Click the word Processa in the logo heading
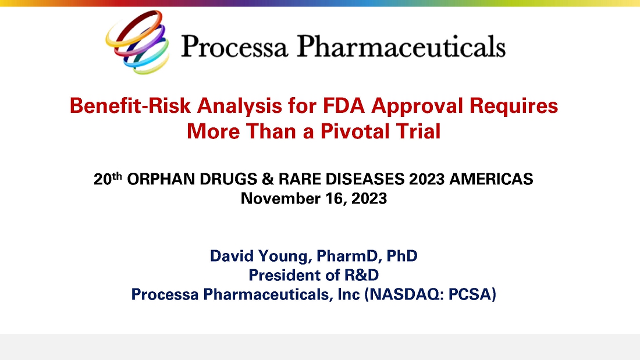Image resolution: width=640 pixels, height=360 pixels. (x=234, y=46)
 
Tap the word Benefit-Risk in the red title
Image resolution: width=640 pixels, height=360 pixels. (x=130, y=106)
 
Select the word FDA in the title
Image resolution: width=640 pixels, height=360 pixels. (x=344, y=105)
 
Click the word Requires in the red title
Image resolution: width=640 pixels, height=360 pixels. (x=514, y=106)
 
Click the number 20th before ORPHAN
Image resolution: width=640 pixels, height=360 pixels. (x=108, y=179)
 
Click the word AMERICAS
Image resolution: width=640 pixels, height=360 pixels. (x=492, y=179)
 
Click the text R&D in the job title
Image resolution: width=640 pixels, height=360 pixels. (x=362, y=275)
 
